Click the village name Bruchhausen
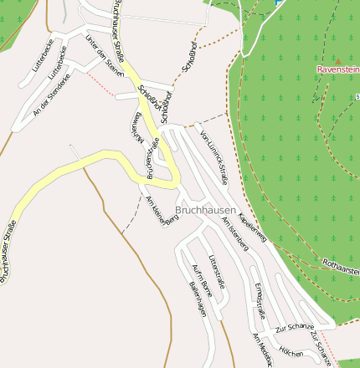click(206, 210)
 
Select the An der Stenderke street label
click(48, 99)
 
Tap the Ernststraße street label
click(259, 300)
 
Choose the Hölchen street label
click(291, 351)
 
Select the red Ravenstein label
click(338, 69)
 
